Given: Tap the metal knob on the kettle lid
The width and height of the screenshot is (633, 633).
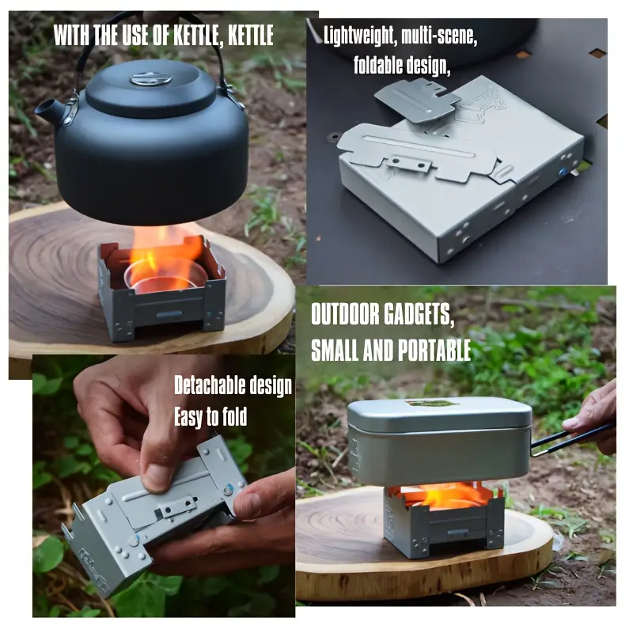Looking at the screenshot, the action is point(150,78).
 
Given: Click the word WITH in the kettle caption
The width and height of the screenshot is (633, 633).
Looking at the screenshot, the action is point(72,35).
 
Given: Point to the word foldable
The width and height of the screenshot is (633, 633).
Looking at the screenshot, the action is point(378,65).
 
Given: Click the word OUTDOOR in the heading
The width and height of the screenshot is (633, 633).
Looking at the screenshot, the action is point(346,314).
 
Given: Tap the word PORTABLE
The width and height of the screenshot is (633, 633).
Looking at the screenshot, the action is point(434,350).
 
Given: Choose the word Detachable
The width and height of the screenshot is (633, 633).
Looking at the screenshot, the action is point(209,385).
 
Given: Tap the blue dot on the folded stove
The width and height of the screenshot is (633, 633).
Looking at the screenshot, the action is point(562,172).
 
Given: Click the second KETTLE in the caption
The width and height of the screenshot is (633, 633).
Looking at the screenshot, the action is point(251,35).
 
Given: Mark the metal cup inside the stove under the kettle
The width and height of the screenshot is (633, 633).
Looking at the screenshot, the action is point(161,276).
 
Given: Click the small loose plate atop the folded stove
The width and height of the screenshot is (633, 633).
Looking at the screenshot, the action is point(418,100).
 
